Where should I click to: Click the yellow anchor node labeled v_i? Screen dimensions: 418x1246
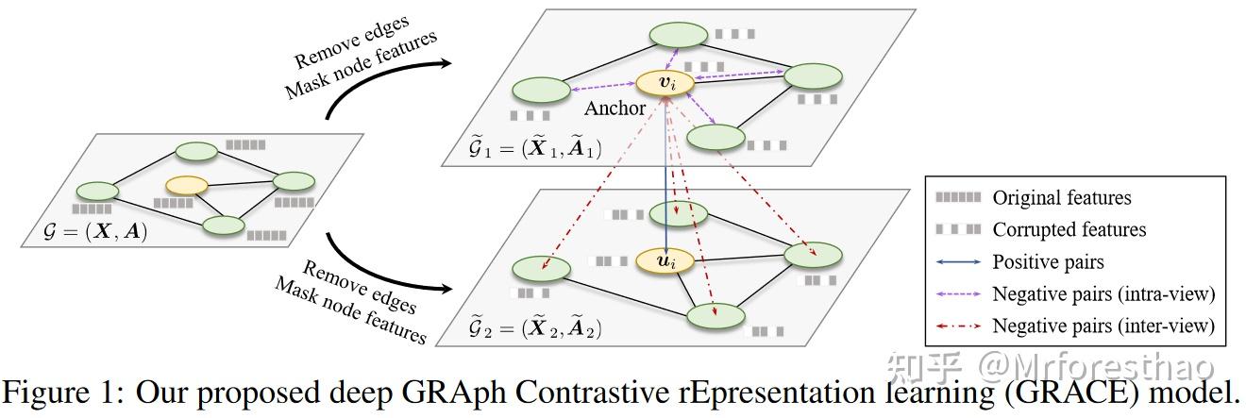click(x=665, y=84)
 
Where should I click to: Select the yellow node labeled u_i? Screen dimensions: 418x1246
click(x=665, y=259)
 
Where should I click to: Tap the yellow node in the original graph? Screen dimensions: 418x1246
click(x=186, y=185)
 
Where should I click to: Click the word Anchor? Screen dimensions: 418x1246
click(x=615, y=108)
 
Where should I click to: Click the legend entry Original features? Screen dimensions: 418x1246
click(x=1061, y=198)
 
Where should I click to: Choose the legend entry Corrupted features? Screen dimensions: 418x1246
click(x=1069, y=229)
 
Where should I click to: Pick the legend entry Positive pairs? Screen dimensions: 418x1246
click(x=1048, y=261)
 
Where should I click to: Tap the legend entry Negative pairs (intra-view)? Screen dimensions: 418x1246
click(x=1103, y=294)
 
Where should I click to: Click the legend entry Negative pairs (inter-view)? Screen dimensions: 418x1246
click(x=1103, y=326)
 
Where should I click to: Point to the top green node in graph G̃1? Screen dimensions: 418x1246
click(x=678, y=36)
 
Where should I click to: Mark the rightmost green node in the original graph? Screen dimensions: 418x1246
click(x=294, y=182)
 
